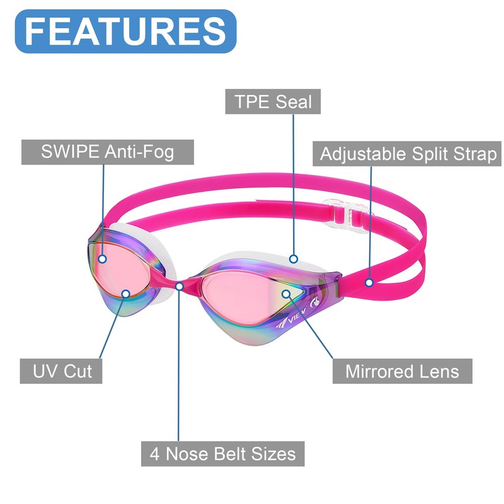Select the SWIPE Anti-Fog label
(107, 152)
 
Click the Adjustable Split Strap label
(408, 154)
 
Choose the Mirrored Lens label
(402, 370)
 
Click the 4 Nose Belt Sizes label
(222, 452)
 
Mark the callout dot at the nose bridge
(180, 287)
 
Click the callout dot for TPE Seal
(294, 258)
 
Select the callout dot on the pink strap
(370, 283)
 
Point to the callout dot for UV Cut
(126, 294)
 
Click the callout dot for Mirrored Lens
(285, 293)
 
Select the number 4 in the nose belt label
(154, 452)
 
